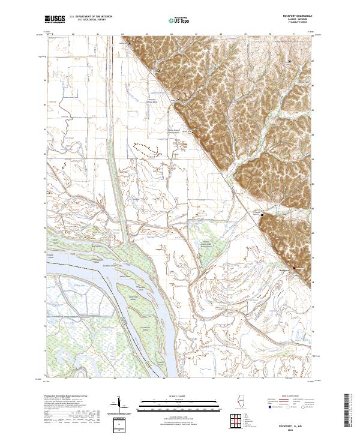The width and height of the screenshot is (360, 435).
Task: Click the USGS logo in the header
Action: pos(55,19)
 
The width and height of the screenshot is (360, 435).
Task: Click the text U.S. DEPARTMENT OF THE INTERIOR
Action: pos(90,17)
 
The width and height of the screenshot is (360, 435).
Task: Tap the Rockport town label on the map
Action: pos(285,269)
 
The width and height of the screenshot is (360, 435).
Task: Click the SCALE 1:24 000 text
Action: pos(180,397)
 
